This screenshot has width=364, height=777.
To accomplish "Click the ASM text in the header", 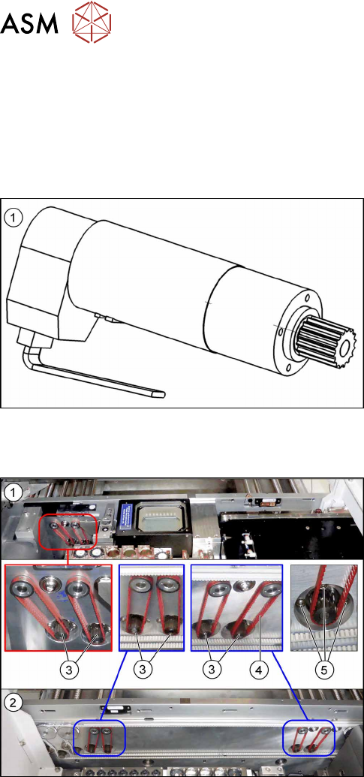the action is tap(29, 23).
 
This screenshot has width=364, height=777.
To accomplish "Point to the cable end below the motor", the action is tap(158, 395).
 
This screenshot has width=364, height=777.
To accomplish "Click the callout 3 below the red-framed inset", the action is tap(70, 670).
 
